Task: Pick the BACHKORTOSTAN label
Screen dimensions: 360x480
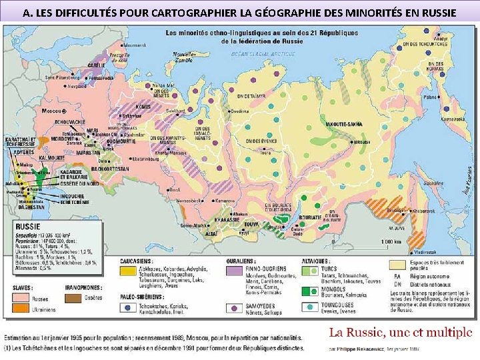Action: click(114, 169)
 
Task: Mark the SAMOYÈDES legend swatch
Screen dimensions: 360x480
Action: click(233, 308)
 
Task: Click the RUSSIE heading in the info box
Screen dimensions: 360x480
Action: click(33, 226)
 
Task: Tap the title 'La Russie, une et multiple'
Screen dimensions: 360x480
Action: click(400, 331)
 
